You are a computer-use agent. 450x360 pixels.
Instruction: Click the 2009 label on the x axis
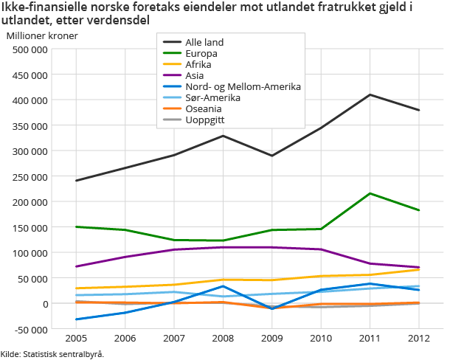272,339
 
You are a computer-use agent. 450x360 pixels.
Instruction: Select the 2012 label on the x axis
419,339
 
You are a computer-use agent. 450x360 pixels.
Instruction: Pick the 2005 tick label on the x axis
76,339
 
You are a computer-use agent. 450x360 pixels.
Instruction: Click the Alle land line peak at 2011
370,94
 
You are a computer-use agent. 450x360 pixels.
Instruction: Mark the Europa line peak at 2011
370,193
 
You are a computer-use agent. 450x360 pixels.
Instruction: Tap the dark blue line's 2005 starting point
76,319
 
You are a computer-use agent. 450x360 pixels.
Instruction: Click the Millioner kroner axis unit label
41,35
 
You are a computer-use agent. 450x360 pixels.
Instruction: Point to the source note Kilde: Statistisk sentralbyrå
52,354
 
